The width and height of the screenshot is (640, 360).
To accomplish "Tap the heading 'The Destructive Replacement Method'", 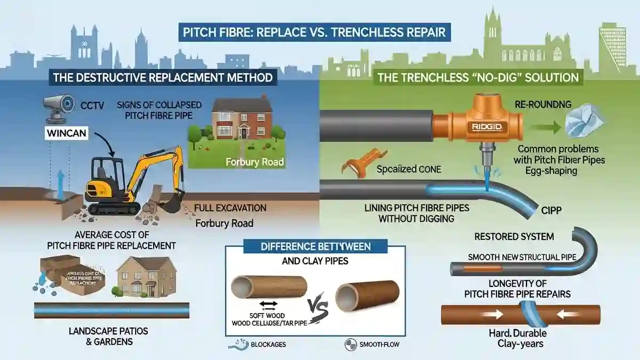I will coord(163,77).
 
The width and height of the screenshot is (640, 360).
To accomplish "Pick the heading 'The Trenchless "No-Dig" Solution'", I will coord(478,77).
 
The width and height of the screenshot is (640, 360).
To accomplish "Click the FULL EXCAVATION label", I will coord(230,207).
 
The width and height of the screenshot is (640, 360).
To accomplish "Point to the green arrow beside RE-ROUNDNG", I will coord(542,127).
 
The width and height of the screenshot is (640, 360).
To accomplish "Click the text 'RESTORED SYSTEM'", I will coord(514,236).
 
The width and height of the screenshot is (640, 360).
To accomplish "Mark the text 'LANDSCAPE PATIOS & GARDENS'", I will coord(108,336).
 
